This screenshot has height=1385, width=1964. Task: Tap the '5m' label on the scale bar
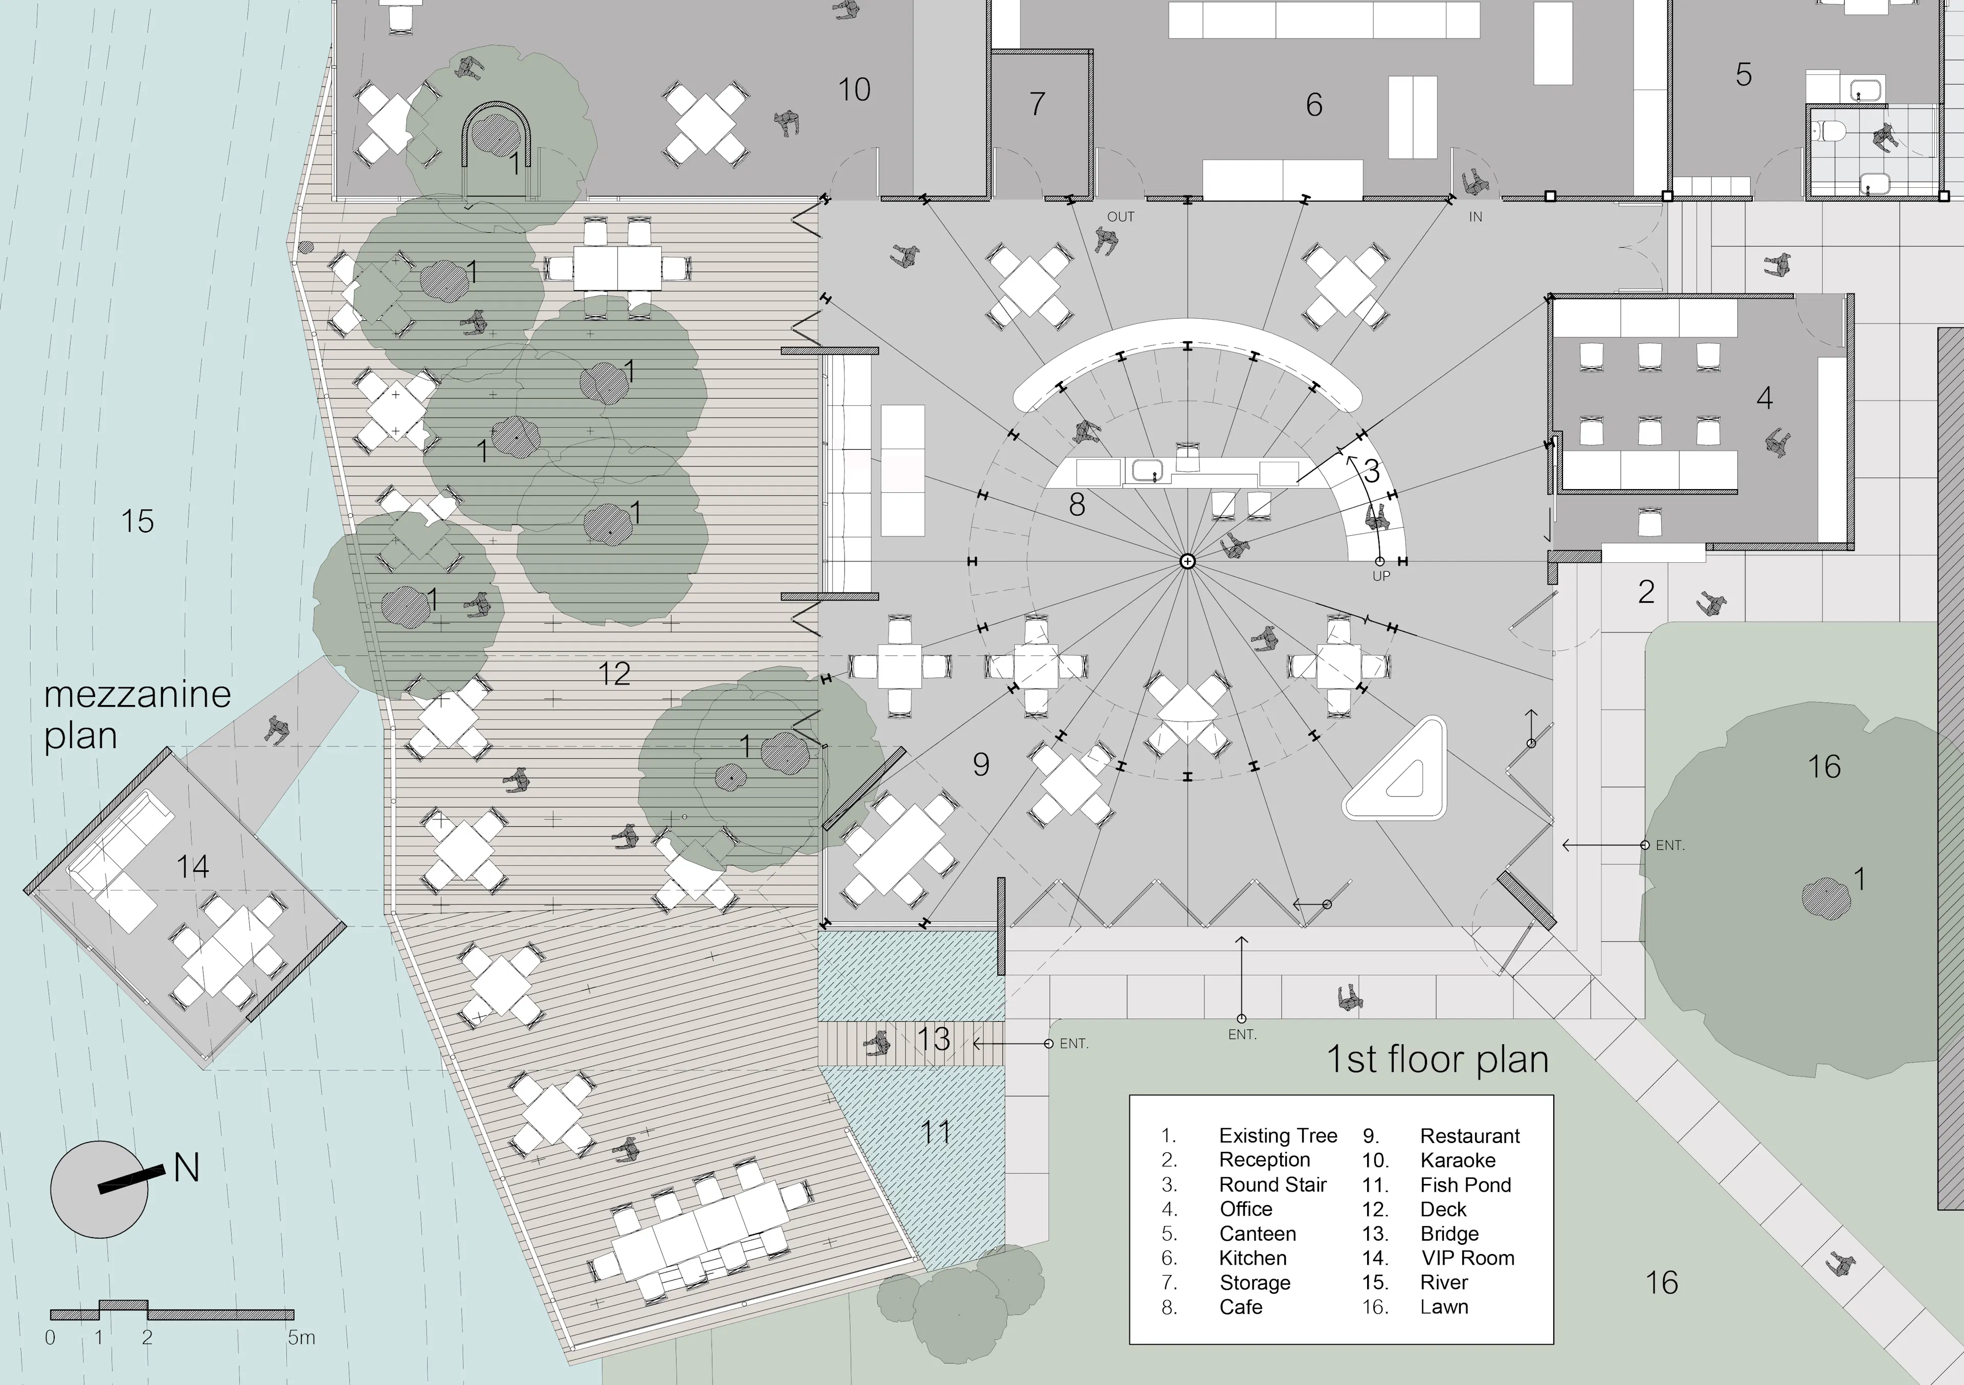point(301,1337)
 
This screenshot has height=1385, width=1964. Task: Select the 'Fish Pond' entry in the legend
point(1465,1185)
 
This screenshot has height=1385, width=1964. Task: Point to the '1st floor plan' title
point(1437,1059)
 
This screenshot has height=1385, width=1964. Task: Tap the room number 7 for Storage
point(1037,103)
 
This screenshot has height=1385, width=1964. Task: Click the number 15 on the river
point(137,521)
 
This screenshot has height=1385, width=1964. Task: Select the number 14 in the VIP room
point(192,867)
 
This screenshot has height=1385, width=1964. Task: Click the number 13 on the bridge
point(933,1039)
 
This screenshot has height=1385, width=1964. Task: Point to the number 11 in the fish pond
point(936,1133)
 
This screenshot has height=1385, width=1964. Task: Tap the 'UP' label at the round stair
point(1381,577)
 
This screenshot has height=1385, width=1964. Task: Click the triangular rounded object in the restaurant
point(1395,768)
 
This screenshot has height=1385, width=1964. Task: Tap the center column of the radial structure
point(1187,561)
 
